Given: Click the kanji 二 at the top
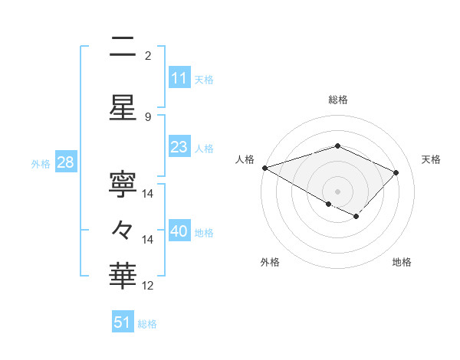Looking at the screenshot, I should coord(123,47).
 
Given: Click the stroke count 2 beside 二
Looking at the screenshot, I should coord(148,56).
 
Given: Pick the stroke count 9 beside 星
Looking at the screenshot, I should coord(148,117).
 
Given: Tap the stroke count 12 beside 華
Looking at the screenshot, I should coord(148,286).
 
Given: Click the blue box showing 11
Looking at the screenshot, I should coord(179,78).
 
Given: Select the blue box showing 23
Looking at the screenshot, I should coord(179,147).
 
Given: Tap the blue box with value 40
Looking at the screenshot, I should coord(179,231).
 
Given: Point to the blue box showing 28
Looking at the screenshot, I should coord(65,163).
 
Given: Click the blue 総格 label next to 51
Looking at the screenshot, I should coord(147,324).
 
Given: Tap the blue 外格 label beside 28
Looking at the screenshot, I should coord(41,164).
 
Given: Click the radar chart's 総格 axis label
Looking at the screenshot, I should coord(338,100).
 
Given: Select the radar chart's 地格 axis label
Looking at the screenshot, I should coord(402,262).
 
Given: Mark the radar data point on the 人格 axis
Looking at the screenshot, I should coord(264,167).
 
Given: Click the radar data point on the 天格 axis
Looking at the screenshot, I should coord(396,172).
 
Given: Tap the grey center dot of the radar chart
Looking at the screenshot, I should coord(337,191).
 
